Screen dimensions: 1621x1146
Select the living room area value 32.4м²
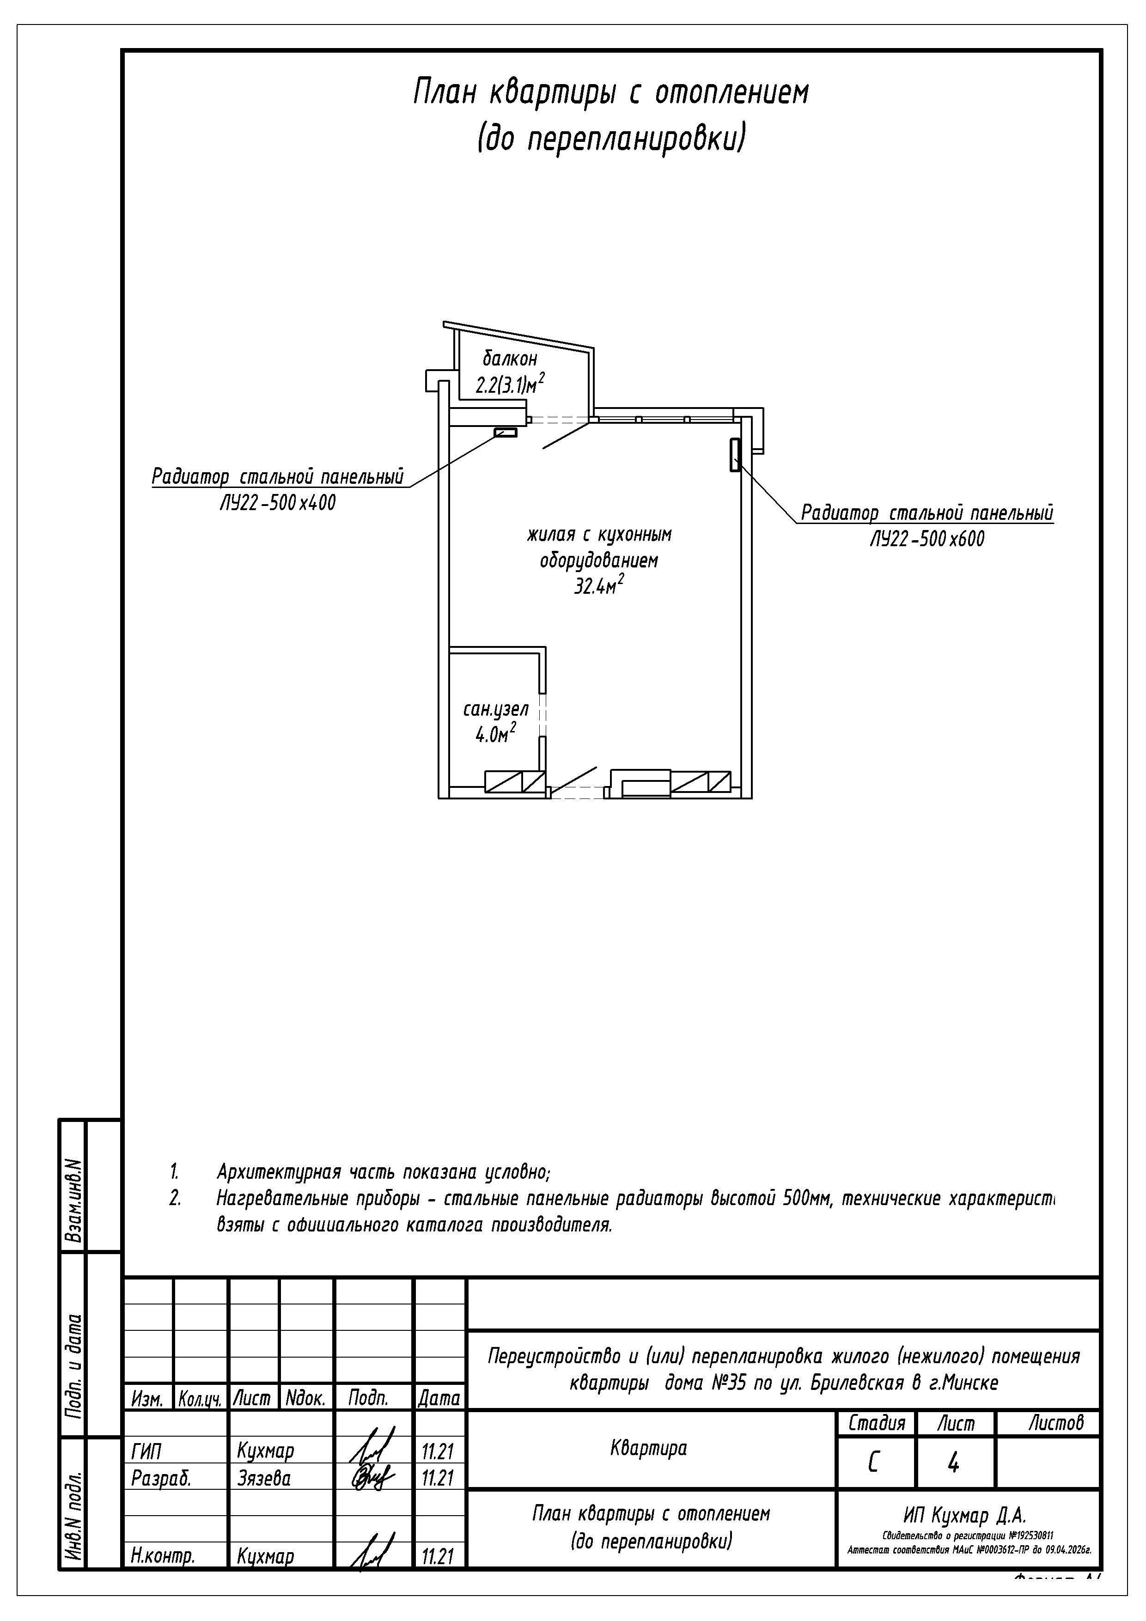tap(599, 585)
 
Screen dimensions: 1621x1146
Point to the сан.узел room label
tap(496, 709)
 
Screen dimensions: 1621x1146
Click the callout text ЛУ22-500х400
tap(278, 503)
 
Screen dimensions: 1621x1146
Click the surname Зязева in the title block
tap(264, 1478)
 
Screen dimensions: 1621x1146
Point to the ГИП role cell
tap(146, 1451)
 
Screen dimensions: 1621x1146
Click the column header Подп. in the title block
tap(368, 1398)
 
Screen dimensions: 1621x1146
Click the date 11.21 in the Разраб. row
tap(437, 1478)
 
